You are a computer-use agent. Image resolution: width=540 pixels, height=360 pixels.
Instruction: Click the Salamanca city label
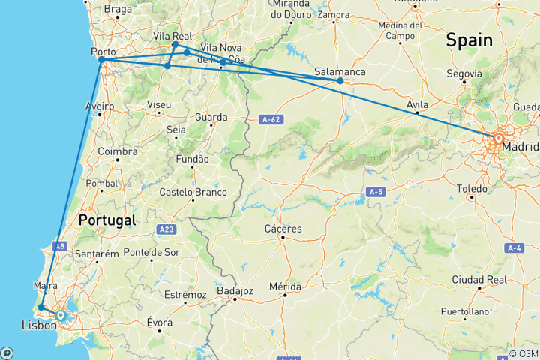click(340, 70)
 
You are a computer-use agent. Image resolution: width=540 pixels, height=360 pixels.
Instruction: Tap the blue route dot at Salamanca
click(340, 80)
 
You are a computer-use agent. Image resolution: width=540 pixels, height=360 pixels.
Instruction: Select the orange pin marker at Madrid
click(497, 138)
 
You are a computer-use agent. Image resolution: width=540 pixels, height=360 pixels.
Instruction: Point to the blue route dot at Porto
click(101, 60)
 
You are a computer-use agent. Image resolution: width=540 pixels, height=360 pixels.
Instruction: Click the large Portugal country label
click(106, 220)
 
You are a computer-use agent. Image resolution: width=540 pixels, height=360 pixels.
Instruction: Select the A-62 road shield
click(271, 119)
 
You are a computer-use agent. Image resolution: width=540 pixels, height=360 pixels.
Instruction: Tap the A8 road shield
click(59, 245)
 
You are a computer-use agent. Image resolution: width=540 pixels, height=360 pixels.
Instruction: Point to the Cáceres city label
click(283, 229)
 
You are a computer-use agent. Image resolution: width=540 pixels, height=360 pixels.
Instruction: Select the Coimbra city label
click(118, 151)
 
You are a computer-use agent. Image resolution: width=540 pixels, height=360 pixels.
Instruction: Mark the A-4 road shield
click(514, 247)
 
